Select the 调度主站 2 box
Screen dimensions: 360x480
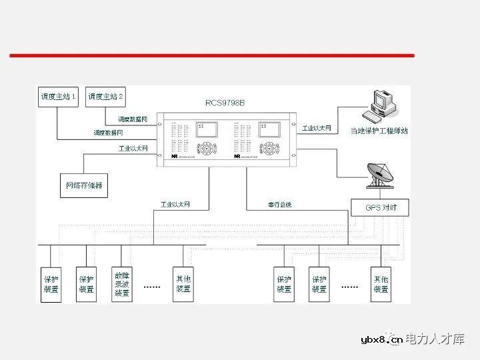(106, 97)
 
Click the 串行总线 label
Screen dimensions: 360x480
(279, 204)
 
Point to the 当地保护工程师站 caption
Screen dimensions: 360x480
(379, 131)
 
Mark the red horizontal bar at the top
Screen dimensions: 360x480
(211, 55)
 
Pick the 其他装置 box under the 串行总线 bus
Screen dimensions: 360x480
(381, 283)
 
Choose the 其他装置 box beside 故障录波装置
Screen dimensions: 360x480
(183, 283)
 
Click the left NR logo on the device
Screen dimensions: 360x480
(174, 157)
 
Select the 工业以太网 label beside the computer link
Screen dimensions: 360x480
(317, 127)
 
